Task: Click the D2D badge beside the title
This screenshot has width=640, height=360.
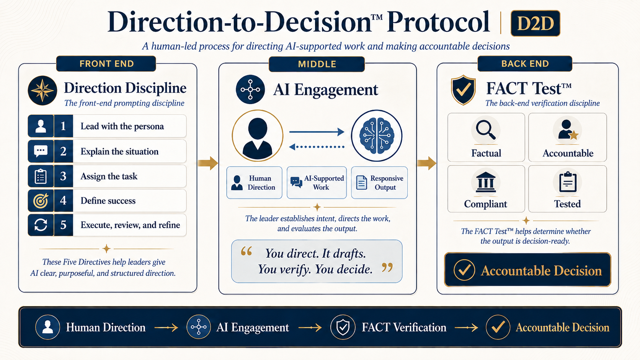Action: (536, 23)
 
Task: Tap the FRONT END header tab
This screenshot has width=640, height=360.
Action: (106, 64)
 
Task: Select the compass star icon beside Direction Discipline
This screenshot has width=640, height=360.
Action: (42, 91)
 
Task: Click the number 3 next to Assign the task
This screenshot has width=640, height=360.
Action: (63, 176)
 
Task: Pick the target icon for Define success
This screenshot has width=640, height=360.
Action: (41, 201)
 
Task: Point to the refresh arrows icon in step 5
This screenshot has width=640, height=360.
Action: (41, 225)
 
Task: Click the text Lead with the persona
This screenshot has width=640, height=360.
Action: (122, 126)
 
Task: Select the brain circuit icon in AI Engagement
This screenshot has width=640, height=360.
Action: (377, 135)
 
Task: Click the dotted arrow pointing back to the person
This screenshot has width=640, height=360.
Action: (317, 147)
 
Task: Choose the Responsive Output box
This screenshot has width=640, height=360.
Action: (379, 183)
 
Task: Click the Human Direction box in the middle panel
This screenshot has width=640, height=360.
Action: (254, 183)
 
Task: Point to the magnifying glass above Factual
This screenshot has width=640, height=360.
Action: (485, 130)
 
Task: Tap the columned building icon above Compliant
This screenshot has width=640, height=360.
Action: (485, 182)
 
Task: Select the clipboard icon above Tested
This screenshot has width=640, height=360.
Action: (567, 182)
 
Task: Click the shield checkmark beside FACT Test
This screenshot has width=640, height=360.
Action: (463, 90)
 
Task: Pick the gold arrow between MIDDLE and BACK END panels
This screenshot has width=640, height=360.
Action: (426, 163)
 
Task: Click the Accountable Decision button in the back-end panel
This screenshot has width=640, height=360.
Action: (527, 270)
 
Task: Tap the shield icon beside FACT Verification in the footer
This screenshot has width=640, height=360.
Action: (343, 327)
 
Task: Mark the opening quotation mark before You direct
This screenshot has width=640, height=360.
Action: (246, 251)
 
